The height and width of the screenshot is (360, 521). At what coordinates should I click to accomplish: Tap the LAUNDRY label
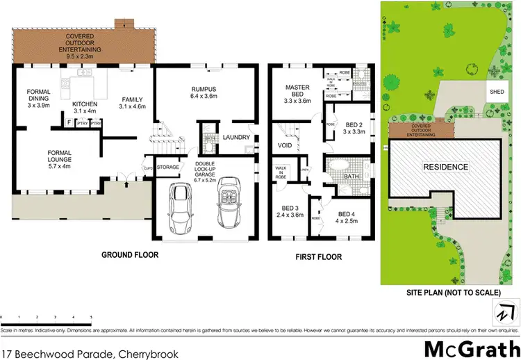coord(236,138)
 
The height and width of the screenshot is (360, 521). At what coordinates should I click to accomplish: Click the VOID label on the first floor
coord(285,147)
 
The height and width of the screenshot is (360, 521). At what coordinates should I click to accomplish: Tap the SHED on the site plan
coord(497,91)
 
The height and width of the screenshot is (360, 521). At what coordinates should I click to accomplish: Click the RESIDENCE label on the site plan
coord(445,167)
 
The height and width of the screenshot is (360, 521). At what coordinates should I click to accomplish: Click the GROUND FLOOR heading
coord(130,255)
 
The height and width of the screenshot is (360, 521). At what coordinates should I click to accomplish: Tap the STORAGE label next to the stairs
coord(168,167)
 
